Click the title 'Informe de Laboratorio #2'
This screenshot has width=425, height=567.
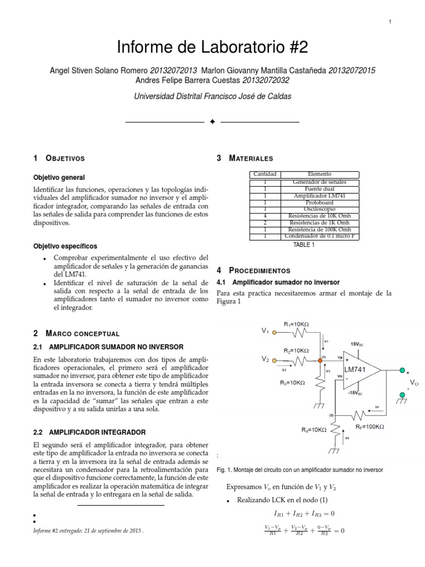click(212, 49)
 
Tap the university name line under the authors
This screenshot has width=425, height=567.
click(212, 96)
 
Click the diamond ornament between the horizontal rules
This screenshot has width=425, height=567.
click(212, 122)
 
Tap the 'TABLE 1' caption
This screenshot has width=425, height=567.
click(304, 244)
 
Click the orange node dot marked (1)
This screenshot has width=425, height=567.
click(320, 360)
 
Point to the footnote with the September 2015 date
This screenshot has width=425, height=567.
click(89, 530)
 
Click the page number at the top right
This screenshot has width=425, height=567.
click(390, 22)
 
